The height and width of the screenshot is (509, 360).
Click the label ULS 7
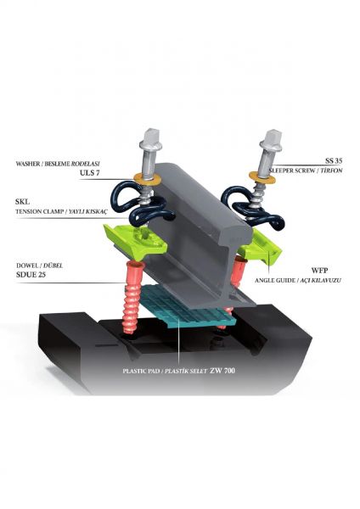click(89, 173)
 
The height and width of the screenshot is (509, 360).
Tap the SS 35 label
click(334, 160)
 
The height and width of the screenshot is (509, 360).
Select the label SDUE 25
click(31, 275)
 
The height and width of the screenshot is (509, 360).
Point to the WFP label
click(320, 271)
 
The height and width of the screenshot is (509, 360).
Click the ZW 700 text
click(222, 370)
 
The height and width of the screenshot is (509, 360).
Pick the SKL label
click(22, 202)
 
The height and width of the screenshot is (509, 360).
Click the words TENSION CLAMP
click(39, 211)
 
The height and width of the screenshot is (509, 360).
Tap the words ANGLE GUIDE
click(275, 280)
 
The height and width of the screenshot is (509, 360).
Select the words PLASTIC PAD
click(141, 371)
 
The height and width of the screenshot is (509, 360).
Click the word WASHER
click(27, 164)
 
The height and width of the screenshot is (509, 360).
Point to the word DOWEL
click(26, 266)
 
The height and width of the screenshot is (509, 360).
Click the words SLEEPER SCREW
click(291, 171)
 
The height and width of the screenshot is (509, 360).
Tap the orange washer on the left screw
click(148, 178)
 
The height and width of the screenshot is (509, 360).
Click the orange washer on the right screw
click(262, 176)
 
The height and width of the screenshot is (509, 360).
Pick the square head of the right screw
click(272, 137)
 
